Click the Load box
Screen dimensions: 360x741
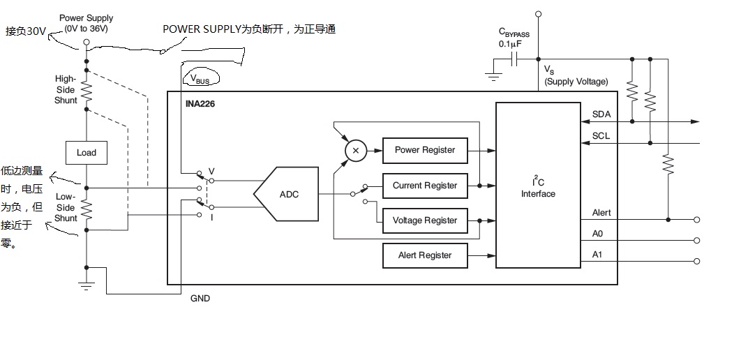[x=87, y=153]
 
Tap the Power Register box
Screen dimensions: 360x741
[x=424, y=150]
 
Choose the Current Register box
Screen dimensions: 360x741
[x=424, y=186]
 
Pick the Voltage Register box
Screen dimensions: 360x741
[x=424, y=220]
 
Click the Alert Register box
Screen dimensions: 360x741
[x=424, y=255]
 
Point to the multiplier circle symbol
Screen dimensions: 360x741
[x=355, y=150]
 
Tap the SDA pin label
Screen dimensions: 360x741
[x=601, y=114]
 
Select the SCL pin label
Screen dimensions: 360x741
[x=601, y=135]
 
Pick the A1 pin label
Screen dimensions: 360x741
[x=597, y=255]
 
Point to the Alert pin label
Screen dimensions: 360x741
[x=601, y=213]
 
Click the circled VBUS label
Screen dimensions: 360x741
[x=200, y=80]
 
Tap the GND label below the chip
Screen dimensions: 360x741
[x=200, y=299]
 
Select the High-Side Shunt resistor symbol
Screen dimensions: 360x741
[x=87, y=89]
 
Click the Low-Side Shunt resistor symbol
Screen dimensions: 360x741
[x=87, y=208]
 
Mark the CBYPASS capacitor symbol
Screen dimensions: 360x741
[x=516, y=60]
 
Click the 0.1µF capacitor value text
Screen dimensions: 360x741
[x=510, y=44]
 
